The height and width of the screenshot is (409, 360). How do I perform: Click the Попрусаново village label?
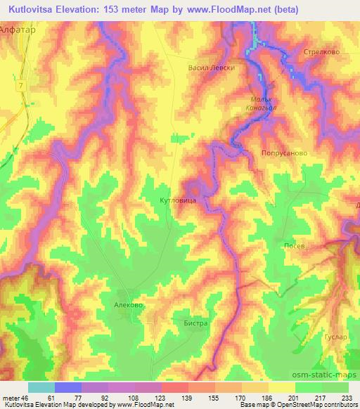point(285,152)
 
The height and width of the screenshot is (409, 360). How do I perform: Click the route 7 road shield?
point(22,85)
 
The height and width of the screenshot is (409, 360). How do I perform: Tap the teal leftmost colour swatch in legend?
point(41,387)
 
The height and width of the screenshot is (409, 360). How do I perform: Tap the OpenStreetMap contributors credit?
point(314,405)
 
